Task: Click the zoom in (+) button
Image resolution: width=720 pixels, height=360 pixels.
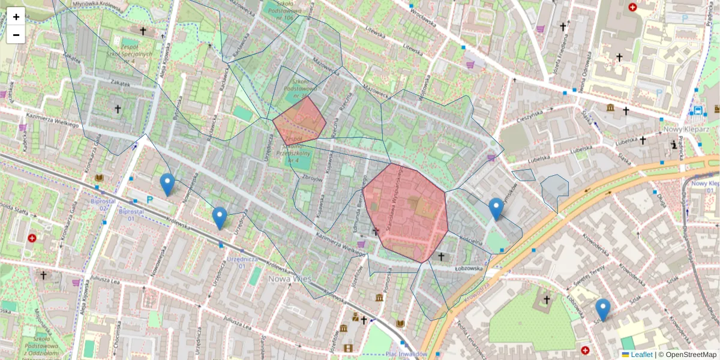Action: coord(16,16)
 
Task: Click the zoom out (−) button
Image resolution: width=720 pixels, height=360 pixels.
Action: coord(16,34)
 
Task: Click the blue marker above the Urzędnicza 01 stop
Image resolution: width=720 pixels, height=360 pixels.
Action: coord(220,218)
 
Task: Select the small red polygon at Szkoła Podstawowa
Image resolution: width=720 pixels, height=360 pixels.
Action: coord(299,121)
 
